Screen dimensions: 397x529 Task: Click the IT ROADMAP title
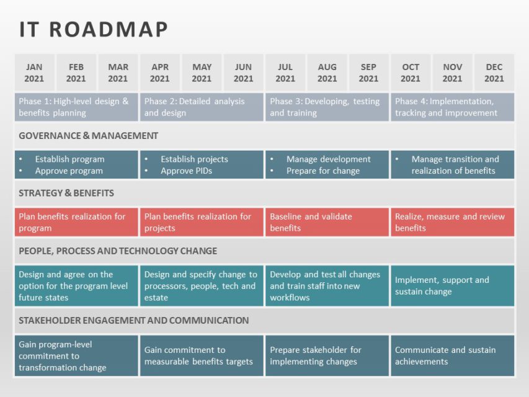[x=94, y=29]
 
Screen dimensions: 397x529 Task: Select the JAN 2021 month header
[x=34, y=73]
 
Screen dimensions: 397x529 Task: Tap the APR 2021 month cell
[x=159, y=73]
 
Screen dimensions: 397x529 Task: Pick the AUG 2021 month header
[x=327, y=73]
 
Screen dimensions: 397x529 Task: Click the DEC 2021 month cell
[x=494, y=73]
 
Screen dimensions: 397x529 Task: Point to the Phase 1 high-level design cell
[x=76, y=107]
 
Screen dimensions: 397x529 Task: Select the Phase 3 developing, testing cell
[x=327, y=107]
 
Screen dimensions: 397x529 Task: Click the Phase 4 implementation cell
[x=452, y=107]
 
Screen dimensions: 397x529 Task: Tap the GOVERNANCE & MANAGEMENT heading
[x=88, y=136]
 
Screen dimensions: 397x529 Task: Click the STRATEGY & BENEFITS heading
[x=66, y=193]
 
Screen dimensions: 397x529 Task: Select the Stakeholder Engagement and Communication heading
[x=133, y=320]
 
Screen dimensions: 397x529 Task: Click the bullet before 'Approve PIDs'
[x=147, y=171]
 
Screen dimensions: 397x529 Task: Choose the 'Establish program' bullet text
[x=69, y=159]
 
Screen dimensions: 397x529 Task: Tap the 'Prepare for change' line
[x=322, y=171]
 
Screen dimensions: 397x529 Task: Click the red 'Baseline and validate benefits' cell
[x=327, y=222]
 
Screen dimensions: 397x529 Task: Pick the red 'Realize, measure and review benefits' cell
[x=452, y=222]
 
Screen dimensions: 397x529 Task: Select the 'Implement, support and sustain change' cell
[x=452, y=285]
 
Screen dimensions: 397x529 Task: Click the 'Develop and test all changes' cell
[x=327, y=285]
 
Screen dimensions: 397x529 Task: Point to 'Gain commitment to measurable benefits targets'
[x=202, y=355]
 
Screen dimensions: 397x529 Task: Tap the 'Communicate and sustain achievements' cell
[x=452, y=355]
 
